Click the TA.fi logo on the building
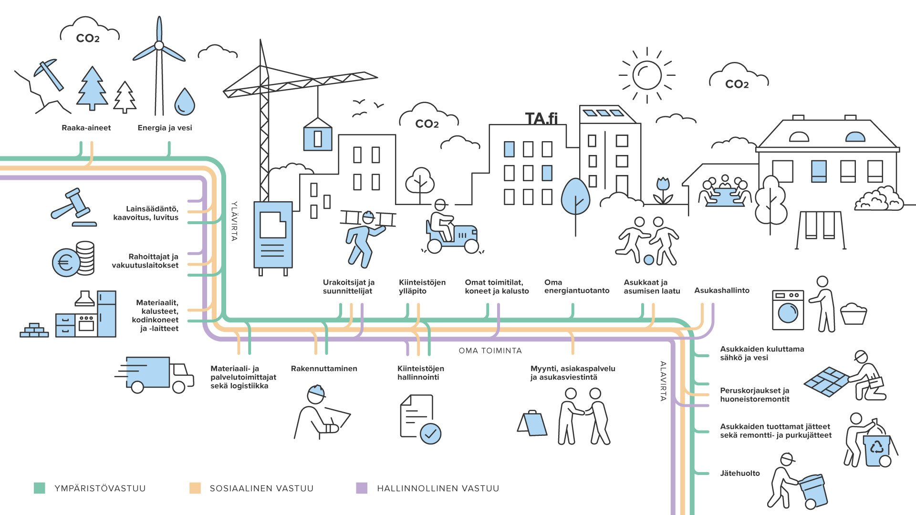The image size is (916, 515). coord(541,118)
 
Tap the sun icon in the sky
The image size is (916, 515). coord(647,75)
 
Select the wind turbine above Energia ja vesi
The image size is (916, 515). coord(159,62)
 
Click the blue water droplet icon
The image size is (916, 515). coord(185,102)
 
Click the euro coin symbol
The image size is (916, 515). coord(65,262)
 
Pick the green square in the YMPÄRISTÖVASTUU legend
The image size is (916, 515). coord(40,488)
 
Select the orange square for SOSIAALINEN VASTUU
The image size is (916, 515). coord(195,488)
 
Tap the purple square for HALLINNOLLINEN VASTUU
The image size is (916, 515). coord(362,488)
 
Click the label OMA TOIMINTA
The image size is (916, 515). coord(490,350)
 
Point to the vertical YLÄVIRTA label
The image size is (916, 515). coord(234,221)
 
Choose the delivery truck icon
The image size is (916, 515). coord(155,375)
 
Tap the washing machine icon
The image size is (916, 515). coord(788,310)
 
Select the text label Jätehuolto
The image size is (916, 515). coord(739,473)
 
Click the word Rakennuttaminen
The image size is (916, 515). coord(324,369)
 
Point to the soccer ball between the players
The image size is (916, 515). coord(649,260)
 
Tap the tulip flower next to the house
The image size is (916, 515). coord(663,190)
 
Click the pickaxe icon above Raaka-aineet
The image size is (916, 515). coord(50,73)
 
